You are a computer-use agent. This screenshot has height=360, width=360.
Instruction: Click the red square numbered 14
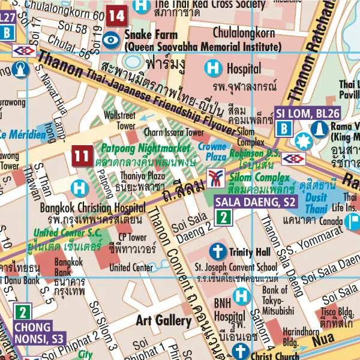click(118, 16)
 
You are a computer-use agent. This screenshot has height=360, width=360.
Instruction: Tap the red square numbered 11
click(82, 157)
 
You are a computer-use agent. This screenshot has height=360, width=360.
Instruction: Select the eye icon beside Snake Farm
click(111, 40)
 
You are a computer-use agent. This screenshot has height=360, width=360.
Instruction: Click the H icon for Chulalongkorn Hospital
click(213, 69)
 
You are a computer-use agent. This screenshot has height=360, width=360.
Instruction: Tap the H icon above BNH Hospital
click(241, 295)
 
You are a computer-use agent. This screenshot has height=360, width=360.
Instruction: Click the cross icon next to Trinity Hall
click(218, 251)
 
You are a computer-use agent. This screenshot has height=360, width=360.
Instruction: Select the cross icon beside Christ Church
click(241, 351)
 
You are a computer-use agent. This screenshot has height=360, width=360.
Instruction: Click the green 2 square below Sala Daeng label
click(223, 218)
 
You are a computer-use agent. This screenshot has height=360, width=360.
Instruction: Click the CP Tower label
click(133, 237)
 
